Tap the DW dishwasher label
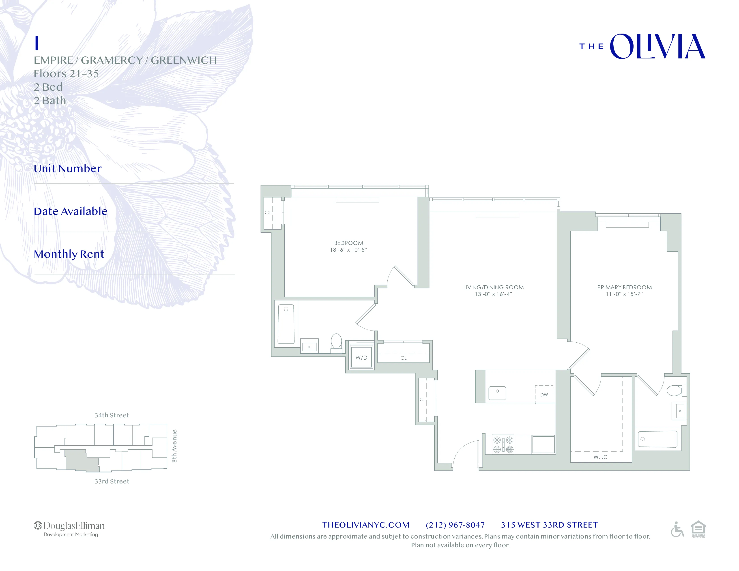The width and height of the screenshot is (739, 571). pyautogui.click(x=544, y=394)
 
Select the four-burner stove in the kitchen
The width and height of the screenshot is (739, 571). pyautogui.click(x=503, y=444)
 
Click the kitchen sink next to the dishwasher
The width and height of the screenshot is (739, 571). pyautogui.click(x=497, y=393)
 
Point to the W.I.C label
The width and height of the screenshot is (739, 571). pyautogui.click(x=600, y=457)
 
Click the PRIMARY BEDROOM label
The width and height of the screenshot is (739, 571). pyautogui.click(x=624, y=287)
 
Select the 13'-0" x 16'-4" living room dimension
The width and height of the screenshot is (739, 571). pyautogui.click(x=493, y=294)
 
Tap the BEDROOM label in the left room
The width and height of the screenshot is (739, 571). pyautogui.click(x=348, y=243)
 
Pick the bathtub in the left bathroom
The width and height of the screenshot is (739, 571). pyautogui.click(x=286, y=324)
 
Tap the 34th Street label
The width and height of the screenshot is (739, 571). pyautogui.click(x=112, y=415)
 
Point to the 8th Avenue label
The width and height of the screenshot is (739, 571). pyautogui.click(x=174, y=446)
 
